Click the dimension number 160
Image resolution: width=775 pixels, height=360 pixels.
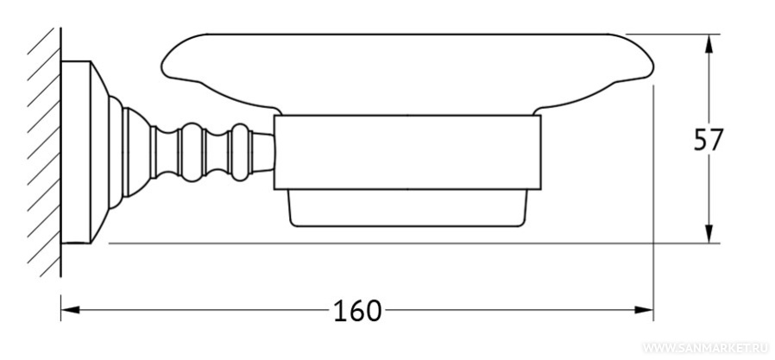coord(356,311)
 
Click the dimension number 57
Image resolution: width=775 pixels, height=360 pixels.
coord(709,140)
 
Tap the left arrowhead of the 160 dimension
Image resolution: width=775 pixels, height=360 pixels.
coord(70,310)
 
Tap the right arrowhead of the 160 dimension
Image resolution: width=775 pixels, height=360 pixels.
coord(644,310)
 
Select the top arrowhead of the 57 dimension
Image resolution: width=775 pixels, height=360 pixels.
coord(709,44)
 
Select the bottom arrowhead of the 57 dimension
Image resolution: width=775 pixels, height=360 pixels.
coord(709,233)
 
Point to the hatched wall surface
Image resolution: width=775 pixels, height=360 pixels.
coord(44,152)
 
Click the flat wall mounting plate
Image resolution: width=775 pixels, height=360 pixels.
coord(76,152)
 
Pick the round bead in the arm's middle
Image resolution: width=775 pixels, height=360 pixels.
coord(192,152)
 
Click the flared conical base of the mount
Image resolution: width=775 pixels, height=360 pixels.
coord(100,152)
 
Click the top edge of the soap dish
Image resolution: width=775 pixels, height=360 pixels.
coord(407,35)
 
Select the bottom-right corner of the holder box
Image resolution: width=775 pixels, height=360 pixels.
coord(541,190)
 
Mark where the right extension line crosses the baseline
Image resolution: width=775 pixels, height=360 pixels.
coord(653,243)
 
